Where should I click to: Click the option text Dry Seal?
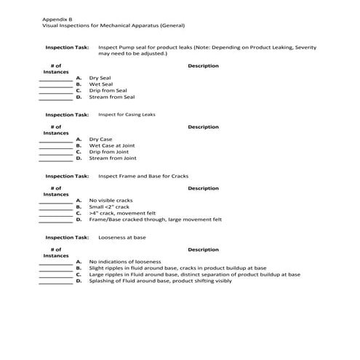click(100, 78)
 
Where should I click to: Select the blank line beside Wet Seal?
click(55, 86)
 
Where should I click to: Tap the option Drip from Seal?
click(108, 90)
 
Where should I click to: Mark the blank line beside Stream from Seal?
click(55, 99)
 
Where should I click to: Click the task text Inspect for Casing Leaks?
click(127, 114)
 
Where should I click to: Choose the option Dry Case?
click(101, 139)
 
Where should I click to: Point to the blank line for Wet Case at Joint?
click(55, 147)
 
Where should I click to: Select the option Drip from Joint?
click(108, 151)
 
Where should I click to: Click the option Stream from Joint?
click(113, 158)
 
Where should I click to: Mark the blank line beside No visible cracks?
click(55, 201)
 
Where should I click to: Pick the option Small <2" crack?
click(110, 207)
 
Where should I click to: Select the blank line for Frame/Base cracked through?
click(55, 221)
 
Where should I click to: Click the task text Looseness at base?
click(120, 237)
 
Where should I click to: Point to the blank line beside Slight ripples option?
click(55, 270)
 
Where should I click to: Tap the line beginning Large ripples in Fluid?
click(194, 274)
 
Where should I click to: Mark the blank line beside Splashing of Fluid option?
click(55, 282)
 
